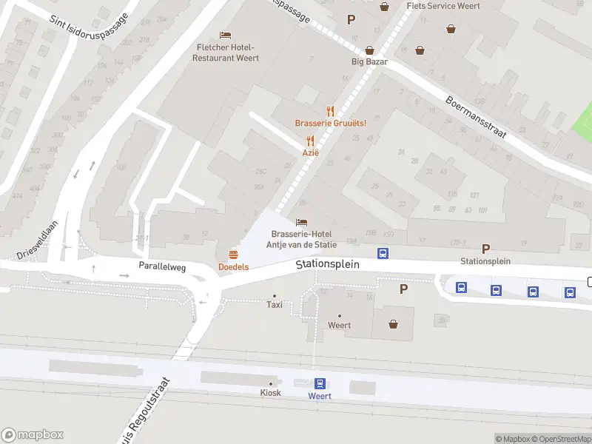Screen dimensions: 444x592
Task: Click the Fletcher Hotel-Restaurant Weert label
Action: pyautogui.click(x=227, y=53)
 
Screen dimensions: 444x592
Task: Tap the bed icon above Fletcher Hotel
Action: pyautogui.click(x=226, y=36)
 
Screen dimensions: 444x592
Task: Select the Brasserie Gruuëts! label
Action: pyautogui.click(x=330, y=123)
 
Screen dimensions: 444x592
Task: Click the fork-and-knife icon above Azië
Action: pyautogui.click(x=311, y=141)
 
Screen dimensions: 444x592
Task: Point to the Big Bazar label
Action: pyautogui.click(x=369, y=61)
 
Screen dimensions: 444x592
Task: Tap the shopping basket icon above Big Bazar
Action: pyautogui.click(x=420, y=50)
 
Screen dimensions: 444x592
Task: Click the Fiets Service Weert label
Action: pyautogui.click(x=443, y=6)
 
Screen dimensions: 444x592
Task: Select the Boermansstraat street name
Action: pyautogui.click(x=475, y=117)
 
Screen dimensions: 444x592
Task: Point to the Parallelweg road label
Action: pyautogui.click(x=160, y=265)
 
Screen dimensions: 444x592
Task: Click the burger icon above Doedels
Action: pyautogui.click(x=233, y=255)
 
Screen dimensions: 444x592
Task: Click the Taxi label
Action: pyautogui.click(x=274, y=304)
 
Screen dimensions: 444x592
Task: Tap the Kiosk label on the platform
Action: pyautogui.click(x=270, y=392)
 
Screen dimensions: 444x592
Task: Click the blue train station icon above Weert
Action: pyautogui.click(x=320, y=383)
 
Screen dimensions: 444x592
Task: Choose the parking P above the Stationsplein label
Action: pyautogui.click(x=485, y=249)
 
